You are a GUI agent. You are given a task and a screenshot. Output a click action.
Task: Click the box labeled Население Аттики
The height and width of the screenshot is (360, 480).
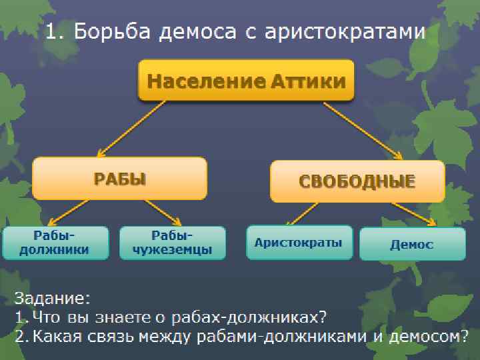[x=246, y=81]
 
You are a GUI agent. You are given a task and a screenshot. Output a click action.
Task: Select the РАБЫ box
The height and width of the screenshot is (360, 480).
[x=119, y=178]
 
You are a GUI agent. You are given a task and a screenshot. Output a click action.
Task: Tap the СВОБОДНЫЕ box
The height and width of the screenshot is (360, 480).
[x=357, y=181]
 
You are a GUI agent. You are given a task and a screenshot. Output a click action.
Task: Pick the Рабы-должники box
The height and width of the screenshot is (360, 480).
[x=55, y=243]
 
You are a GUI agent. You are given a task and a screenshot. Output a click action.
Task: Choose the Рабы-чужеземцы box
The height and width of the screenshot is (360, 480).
[x=173, y=243]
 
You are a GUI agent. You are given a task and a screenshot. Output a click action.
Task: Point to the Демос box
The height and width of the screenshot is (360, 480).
[x=411, y=244]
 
